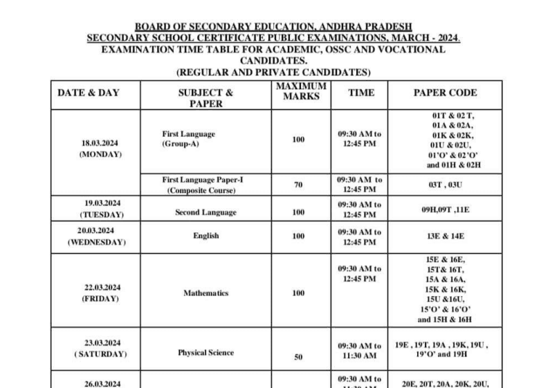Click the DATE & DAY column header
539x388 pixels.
point(88,93)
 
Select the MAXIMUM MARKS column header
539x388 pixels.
point(301,91)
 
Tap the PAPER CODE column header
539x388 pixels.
point(445,93)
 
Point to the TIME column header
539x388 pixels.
point(360,93)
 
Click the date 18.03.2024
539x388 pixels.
point(100,143)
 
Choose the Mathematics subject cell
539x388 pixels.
point(205,293)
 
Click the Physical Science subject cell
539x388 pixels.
point(205,353)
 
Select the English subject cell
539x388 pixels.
point(205,236)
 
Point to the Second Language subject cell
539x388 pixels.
point(205,213)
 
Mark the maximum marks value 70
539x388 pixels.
point(298,185)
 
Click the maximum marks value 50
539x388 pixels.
point(298,358)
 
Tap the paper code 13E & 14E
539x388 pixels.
point(446,236)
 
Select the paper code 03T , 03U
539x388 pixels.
point(446,185)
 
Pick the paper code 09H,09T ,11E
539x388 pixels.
point(446,208)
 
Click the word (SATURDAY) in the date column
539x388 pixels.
point(101,354)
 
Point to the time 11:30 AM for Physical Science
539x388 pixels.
point(359,356)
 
